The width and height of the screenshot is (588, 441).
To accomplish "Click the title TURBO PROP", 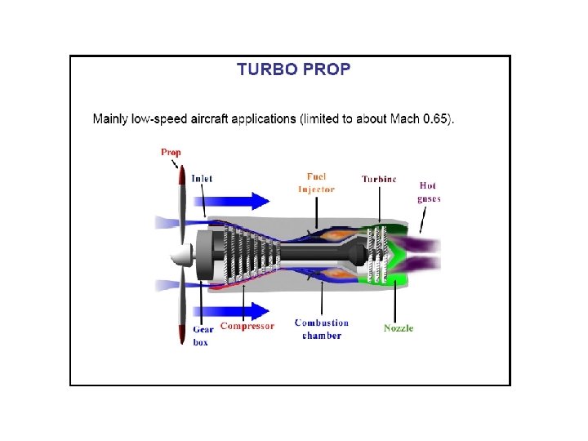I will click(293, 69).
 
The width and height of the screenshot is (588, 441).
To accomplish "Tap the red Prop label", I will click(171, 152).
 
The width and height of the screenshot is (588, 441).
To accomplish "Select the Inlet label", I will click(202, 179).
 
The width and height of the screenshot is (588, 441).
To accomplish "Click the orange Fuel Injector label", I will click(316, 183).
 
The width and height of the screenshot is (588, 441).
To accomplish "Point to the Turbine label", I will click(379, 179).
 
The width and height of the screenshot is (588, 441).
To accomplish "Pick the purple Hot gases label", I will click(429, 192).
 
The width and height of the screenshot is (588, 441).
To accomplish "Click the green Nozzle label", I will click(399, 328).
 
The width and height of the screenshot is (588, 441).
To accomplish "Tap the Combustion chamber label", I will click(322, 328).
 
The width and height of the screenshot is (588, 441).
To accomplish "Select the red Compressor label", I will click(247, 326).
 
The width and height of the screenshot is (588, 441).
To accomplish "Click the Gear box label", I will click(203, 336).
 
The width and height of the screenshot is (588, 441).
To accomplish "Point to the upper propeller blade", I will click(181, 204).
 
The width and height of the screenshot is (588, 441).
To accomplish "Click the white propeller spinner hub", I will click(180, 257).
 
